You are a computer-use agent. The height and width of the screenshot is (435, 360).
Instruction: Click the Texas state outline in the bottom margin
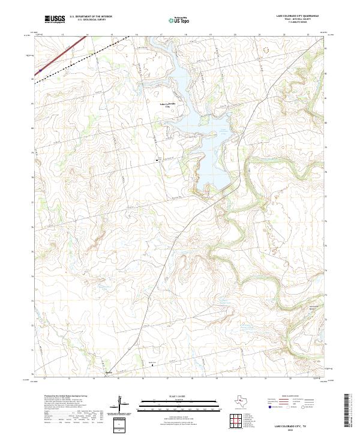tap(244, 402)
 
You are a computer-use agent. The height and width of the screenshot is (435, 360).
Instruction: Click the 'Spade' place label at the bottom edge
tap(109, 373)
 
